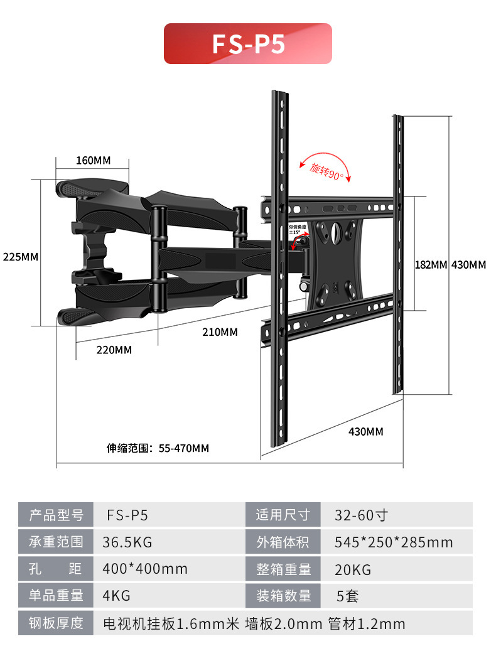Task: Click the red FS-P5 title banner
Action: coord(247,44)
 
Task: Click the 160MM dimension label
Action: coord(93,160)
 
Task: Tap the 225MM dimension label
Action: coord(21,257)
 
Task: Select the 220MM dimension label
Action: coord(114,350)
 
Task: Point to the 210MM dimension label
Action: coord(220,331)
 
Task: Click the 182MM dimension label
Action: coord(431,265)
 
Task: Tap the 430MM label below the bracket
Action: coord(365,431)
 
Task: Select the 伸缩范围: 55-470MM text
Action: coord(158,448)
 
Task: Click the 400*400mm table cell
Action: coord(145,569)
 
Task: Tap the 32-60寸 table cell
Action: coord(361,515)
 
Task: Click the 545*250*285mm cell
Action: coord(394,542)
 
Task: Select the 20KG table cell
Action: coord(353,569)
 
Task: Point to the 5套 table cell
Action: coord(347,596)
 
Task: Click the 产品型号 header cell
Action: coord(56,515)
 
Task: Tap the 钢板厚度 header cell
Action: coord(56,623)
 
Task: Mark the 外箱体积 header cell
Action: coord(283,542)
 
